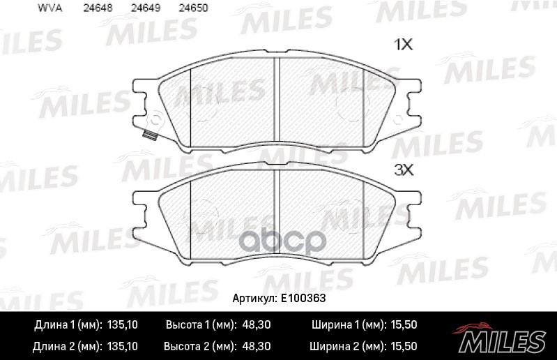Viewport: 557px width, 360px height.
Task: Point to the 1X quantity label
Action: click(x=404, y=45)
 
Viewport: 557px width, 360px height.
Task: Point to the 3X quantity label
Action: click(x=404, y=170)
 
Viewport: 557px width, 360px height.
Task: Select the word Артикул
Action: click(x=254, y=297)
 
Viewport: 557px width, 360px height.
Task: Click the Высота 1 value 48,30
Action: click(x=257, y=325)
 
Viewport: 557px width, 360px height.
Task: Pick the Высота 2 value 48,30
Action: click(x=257, y=346)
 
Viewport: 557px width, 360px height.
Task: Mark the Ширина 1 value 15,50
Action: click(x=402, y=325)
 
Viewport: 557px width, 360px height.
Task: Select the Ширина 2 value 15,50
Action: click(x=402, y=346)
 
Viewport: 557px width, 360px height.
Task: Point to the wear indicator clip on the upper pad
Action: click(x=147, y=135)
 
